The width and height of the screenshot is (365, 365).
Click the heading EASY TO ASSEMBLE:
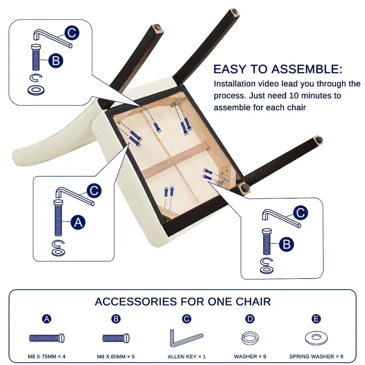point(278,69)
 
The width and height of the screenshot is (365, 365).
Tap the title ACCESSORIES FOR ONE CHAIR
point(183,302)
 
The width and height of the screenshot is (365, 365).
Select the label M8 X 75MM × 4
point(47,356)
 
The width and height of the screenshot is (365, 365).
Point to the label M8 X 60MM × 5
point(116,356)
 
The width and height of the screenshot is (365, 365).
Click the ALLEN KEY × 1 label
point(187,356)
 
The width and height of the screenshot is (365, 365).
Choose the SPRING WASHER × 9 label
point(316,356)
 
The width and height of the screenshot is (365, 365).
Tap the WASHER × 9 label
point(250,356)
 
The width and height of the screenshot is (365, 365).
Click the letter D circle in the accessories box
point(250,318)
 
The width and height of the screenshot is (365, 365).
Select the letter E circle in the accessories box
point(316,318)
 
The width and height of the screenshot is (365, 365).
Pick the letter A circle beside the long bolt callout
point(78,222)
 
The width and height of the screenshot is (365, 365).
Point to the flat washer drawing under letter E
point(316,338)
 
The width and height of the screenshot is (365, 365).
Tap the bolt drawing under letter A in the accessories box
point(47,338)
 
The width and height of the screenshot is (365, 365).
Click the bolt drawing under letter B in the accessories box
point(116,338)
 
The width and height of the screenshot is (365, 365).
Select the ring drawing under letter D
point(250,338)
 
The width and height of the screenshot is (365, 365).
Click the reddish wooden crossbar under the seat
point(176,160)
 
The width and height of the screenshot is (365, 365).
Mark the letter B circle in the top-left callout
point(56,61)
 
